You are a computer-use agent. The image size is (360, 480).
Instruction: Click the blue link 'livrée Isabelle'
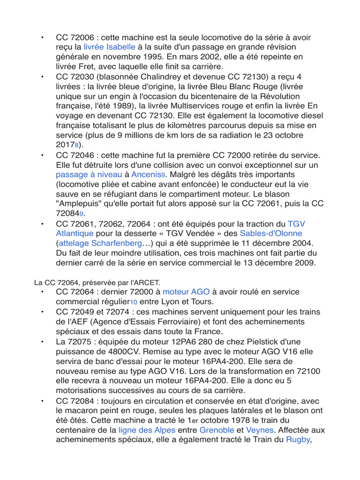point(109,47)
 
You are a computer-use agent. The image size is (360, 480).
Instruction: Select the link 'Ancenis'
point(146,174)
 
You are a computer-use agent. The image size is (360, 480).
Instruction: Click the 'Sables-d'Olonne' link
point(271,233)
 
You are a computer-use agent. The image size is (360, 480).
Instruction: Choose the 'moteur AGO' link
point(186,292)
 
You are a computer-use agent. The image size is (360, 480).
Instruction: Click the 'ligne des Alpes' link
point(147,430)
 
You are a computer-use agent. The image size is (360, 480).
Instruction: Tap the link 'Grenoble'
point(217,430)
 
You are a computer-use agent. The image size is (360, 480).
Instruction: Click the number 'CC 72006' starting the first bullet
point(75,37)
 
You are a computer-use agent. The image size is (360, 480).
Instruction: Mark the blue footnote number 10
point(133,302)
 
